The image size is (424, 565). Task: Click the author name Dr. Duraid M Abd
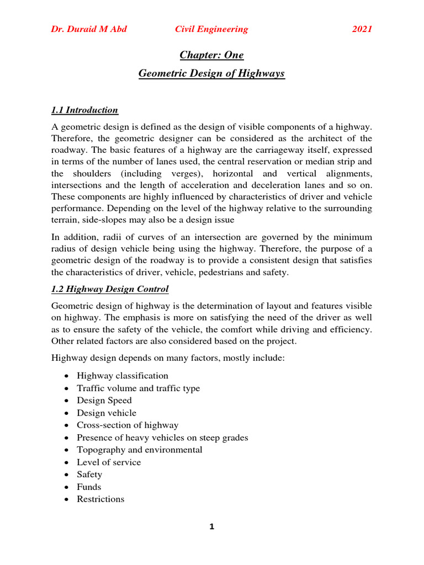pyautogui.click(x=89, y=29)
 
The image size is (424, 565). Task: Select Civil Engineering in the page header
pyautogui.click(x=211, y=29)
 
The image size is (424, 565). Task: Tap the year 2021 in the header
pyautogui.click(x=362, y=29)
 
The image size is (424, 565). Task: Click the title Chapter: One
pyautogui.click(x=211, y=55)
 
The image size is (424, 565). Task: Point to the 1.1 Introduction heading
pyautogui.click(x=84, y=110)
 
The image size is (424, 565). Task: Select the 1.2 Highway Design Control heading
pyautogui.click(x=110, y=289)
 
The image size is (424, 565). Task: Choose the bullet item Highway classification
pyautogui.click(x=123, y=376)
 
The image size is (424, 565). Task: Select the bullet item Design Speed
pyautogui.click(x=104, y=401)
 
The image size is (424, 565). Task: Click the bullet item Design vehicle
pyautogui.click(x=107, y=413)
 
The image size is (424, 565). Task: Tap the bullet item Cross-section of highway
pyautogui.click(x=128, y=425)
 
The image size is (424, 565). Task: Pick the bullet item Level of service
pyautogui.click(x=109, y=462)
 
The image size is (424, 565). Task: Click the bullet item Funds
pyautogui.click(x=89, y=487)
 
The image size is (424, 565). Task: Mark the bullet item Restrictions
pyautogui.click(x=100, y=499)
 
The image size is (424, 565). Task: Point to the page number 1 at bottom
pyautogui.click(x=211, y=527)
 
